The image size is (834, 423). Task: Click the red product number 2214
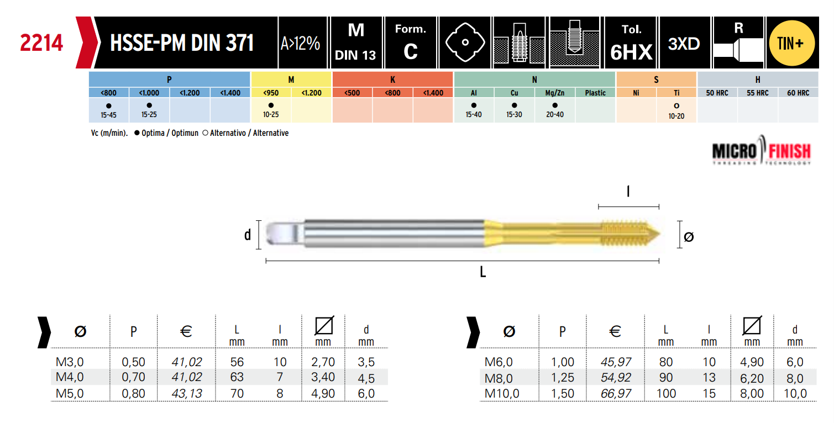41,43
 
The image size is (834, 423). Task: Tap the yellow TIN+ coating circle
792,43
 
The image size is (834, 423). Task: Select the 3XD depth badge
684,44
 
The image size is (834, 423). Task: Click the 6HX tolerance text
631,52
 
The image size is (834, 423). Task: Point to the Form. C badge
411,43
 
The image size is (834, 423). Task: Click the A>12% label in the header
301,44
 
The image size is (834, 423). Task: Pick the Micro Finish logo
762,151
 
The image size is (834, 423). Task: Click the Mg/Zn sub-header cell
555,93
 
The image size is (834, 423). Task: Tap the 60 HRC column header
798,93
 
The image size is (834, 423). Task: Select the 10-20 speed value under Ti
676,116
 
